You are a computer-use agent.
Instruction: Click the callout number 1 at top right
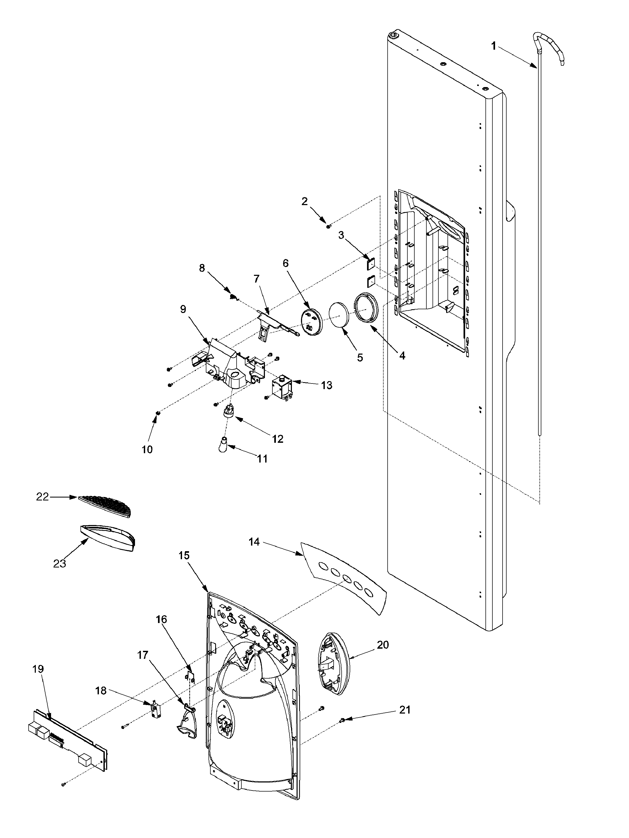click(x=493, y=46)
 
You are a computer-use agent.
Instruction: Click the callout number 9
click(x=183, y=309)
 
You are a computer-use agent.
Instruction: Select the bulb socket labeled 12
click(x=229, y=410)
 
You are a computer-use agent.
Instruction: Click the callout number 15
click(x=184, y=556)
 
